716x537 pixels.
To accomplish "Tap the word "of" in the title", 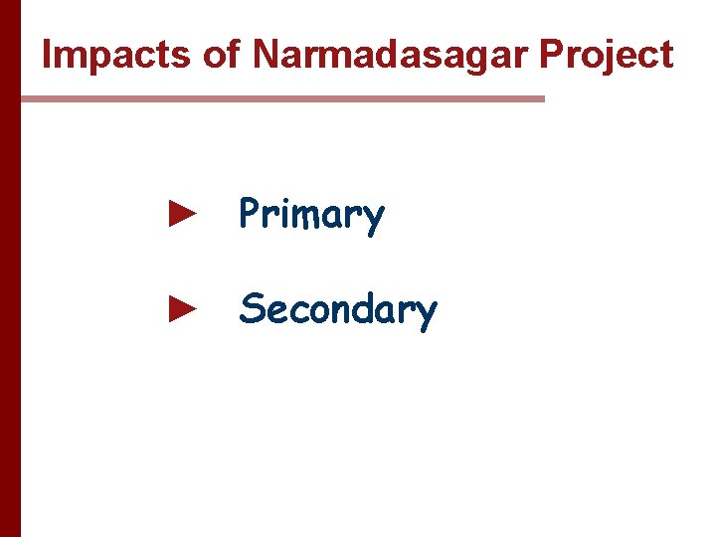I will (x=222, y=56).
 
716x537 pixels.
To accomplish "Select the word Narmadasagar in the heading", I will (x=392, y=56).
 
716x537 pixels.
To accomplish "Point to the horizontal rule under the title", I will (x=282, y=98).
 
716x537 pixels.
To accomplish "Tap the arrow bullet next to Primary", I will (x=181, y=213).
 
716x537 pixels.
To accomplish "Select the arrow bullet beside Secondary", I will (x=181, y=308).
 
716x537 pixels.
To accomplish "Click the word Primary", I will (x=311, y=215).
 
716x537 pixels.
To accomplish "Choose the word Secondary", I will (x=338, y=309).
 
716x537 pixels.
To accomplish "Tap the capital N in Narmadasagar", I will (x=266, y=56).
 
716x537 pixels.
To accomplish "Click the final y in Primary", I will (x=374, y=219).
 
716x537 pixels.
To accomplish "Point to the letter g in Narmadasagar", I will (x=465, y=60).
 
